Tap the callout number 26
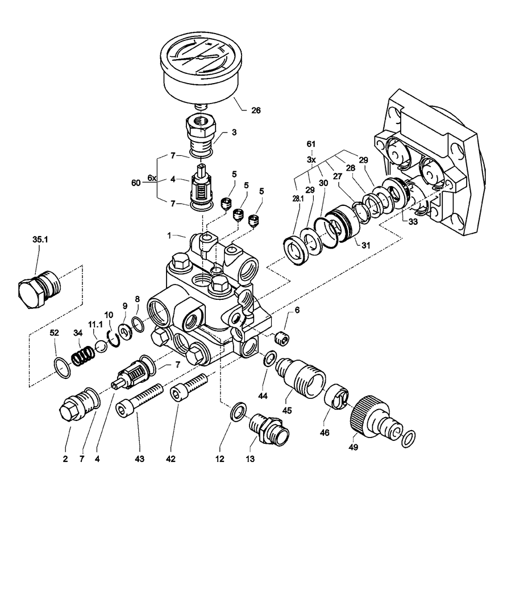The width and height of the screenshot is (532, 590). (256, 110)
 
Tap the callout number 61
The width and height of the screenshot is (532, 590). (311, 144)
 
